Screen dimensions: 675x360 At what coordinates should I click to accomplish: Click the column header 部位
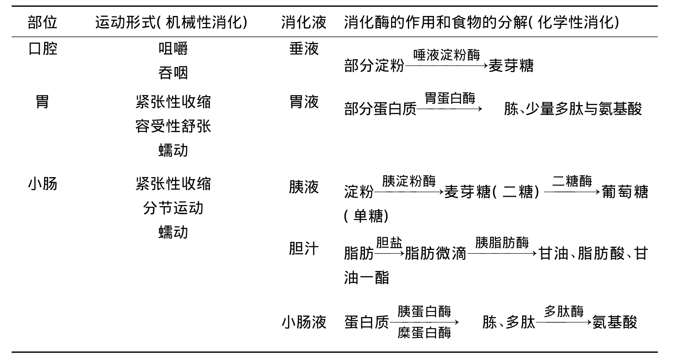[43, 22]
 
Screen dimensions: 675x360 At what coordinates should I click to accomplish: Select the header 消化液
[304, 22]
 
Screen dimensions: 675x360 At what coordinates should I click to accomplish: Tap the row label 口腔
[43, 49]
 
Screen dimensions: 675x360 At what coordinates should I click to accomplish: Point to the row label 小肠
[43, 183]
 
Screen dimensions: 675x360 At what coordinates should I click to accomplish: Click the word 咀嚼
[173, 49]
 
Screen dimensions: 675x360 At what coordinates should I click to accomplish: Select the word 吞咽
[173, 73]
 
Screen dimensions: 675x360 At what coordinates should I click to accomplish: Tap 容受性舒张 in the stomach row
[173, 126]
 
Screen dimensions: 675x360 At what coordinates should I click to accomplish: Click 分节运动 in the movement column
[173, 208]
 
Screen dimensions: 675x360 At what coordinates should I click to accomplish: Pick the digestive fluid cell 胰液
[304, 187]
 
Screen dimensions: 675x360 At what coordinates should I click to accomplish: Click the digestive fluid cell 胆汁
[304, 249]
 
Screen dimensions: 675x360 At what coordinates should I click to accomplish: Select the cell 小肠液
[304, 322]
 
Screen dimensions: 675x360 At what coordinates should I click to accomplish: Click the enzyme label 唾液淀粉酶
[447, 55]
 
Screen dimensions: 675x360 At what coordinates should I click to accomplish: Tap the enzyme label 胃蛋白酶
[450, 98]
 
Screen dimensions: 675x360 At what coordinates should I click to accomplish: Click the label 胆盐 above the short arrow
[389, 243]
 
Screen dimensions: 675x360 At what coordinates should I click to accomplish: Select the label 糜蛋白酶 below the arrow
[424, 333]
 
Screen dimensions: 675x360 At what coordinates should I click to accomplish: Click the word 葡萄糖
[625, 192]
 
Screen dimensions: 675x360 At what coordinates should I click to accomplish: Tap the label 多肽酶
[564, 311]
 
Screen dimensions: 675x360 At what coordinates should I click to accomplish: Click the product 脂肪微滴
[435, 253]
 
